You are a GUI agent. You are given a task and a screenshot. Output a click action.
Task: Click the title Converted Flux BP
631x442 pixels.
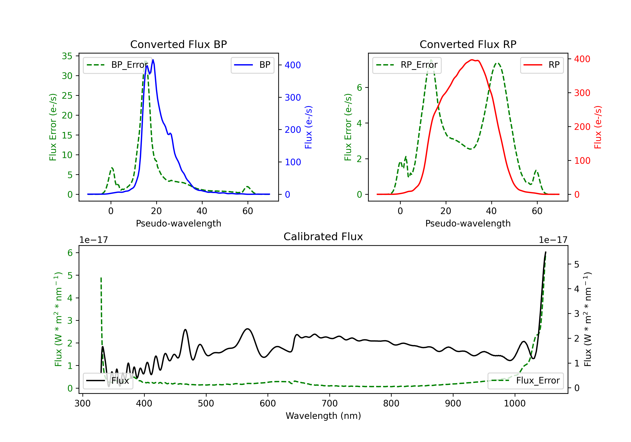178,44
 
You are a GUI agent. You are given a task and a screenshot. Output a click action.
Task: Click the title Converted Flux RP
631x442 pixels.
468,44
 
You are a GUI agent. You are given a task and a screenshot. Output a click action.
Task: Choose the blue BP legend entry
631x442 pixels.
252,65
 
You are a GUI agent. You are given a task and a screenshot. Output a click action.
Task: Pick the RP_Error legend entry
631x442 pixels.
407,65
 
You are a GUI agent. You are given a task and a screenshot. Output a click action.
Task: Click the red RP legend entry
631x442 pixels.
542,65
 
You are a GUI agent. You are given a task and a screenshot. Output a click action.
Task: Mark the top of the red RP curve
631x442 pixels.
472,60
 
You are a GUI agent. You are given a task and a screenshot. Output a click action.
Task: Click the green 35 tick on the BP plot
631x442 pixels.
67,56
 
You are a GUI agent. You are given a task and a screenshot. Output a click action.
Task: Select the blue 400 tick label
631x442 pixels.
293,65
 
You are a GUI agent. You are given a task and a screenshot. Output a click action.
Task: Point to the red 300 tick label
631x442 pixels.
582,93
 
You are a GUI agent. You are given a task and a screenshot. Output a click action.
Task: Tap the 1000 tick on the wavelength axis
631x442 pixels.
514,403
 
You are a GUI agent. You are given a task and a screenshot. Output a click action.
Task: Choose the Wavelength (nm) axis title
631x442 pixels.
323,416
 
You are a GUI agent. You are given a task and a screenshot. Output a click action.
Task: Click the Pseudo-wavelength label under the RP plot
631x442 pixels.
468,223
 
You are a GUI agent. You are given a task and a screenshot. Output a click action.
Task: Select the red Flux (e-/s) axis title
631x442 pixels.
598,127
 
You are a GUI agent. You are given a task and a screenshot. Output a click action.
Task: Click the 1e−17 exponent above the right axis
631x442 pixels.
553,240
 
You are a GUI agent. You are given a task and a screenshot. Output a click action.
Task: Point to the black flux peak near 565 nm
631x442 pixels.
248,329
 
